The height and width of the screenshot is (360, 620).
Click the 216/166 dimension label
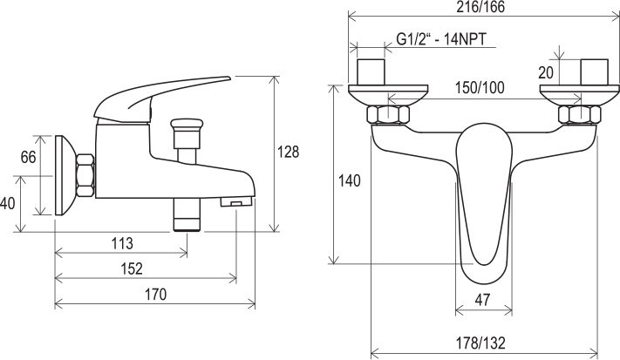[480, 7]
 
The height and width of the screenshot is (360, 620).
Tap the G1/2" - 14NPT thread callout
[441, 39]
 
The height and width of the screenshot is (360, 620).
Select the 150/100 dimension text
[480, 88]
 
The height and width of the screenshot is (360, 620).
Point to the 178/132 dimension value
[480, 343]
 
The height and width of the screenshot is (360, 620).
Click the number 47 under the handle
[482, 300]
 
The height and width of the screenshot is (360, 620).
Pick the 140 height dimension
[350, 181]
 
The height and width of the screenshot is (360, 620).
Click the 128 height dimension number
[288, 152]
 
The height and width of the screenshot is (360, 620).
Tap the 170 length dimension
[155, 295]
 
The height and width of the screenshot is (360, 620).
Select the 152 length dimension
[132, 268]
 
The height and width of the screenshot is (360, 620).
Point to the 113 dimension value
[122, 243]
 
